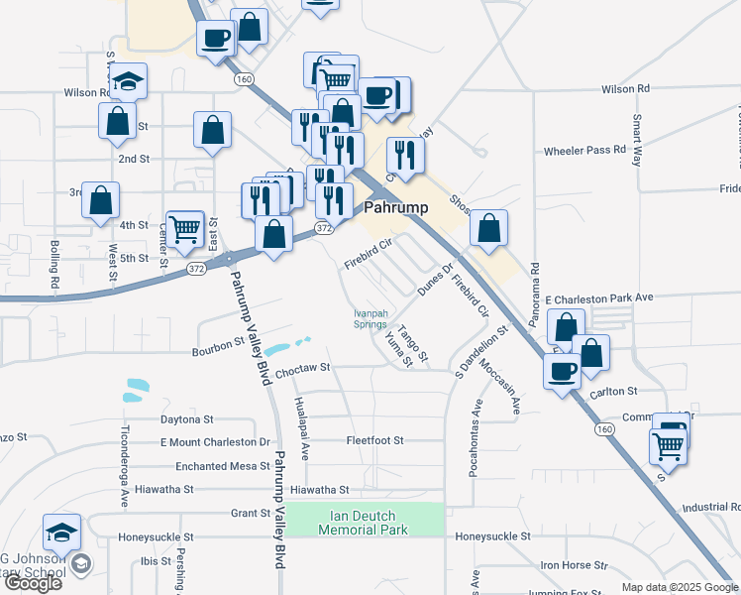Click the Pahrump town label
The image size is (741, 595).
[396, 208]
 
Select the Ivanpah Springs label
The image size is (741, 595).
[370, 318]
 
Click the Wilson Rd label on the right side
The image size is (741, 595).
[625, 88]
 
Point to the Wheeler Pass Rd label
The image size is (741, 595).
[584, 150]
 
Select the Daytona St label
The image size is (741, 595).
[187, 419]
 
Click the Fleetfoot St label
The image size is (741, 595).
[374, 439]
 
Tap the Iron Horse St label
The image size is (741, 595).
[574, 564]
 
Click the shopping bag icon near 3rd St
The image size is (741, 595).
[101, 199]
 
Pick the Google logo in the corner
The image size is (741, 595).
[33, 582]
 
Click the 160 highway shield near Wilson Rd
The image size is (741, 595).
[242, 77]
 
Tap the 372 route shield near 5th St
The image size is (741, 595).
[197, 269]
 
